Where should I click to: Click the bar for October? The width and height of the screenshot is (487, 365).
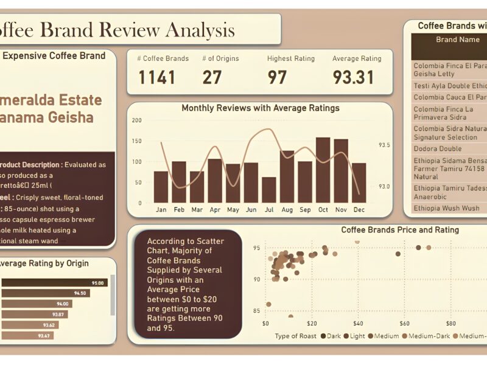click(323, 170)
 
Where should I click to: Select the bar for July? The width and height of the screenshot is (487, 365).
click(268, 190)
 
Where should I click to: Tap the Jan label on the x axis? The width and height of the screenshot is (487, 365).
click(161, 210)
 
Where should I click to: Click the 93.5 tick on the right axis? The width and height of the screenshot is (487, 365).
click(384, 145)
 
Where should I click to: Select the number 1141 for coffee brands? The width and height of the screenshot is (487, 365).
click(156, 77)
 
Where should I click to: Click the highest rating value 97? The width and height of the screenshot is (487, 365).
click(277, 77)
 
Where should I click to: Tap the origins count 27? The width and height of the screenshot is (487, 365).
click(211, 77)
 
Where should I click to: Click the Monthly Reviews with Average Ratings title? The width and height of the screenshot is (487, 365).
click(261, 108)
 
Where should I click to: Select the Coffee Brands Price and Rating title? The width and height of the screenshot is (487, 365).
click(399, 230)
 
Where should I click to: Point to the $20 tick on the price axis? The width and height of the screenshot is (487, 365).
click(312, 323)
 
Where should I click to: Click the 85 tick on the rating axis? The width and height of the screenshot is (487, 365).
click(256, 311)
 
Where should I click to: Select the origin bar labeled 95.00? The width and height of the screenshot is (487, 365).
click(55, 283)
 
